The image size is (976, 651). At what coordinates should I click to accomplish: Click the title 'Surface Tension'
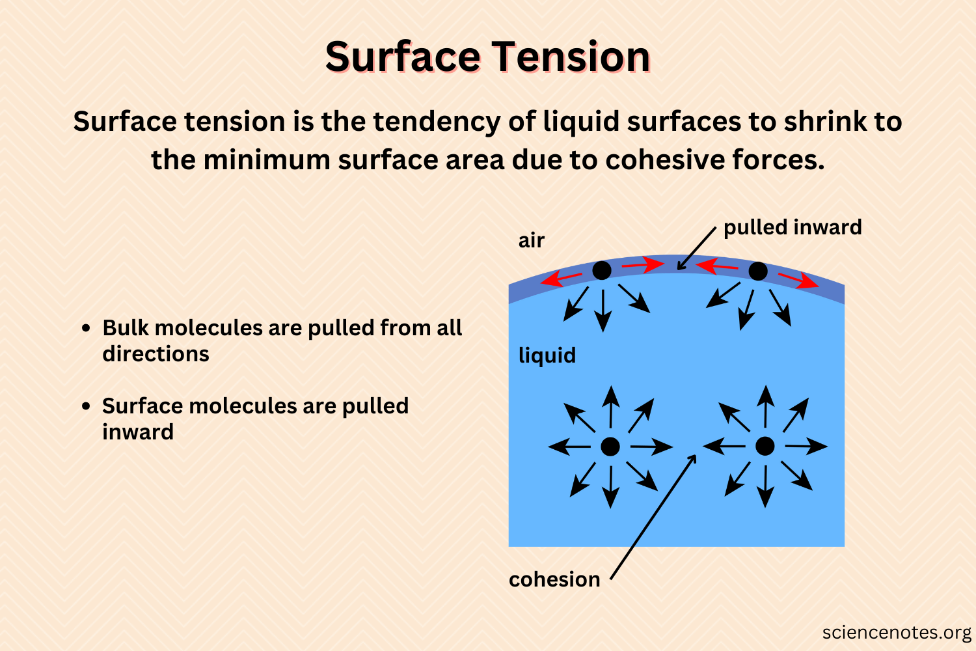pyautogui.click(x=487, y=57)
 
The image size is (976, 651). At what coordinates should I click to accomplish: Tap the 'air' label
pyautogui.click(x=531, y=241)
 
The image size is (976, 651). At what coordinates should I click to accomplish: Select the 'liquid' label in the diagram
pyautogui.click(x=547, y=355)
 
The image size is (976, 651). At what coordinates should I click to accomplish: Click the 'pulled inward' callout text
pyautogui.click(x=793, y=227)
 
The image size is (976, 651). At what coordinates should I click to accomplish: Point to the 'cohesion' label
pyautogui.click(x=554, y=579)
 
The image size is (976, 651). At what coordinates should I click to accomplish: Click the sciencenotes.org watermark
pyautogui.click(x=896, y=633)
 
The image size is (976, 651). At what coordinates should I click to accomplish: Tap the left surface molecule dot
pyautogui.click(x=602, y=270)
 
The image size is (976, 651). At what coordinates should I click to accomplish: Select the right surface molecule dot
pyautogui.click(x=757, y=271)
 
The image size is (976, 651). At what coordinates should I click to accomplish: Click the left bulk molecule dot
pyautogui.click(x=610, y=447)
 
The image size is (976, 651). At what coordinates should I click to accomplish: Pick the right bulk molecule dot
pyautogui.click(x=765, y=447)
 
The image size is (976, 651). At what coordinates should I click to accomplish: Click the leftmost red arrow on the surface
pyautogui.click(x=561, y=279)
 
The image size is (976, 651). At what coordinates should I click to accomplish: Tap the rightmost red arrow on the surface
pyautogui.click(x=798, y=281)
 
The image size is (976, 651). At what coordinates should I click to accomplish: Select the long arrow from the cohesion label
pyautogui.click(x=653, y=518)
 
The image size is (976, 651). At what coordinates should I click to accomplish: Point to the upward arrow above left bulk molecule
pyautogui.click(x=610, y=407)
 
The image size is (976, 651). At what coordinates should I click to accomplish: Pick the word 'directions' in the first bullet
pyautogui.click(x=156, y=354)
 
